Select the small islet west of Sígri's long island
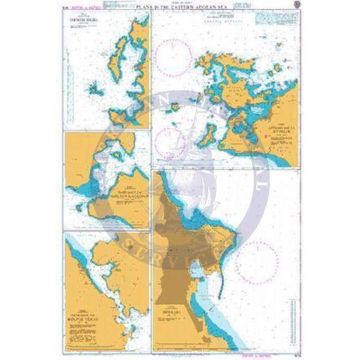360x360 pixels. click(x=93, y=89)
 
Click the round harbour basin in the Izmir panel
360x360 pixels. click(x=195, y=270)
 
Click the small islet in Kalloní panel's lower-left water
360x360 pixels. click(x=78, y=207)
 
